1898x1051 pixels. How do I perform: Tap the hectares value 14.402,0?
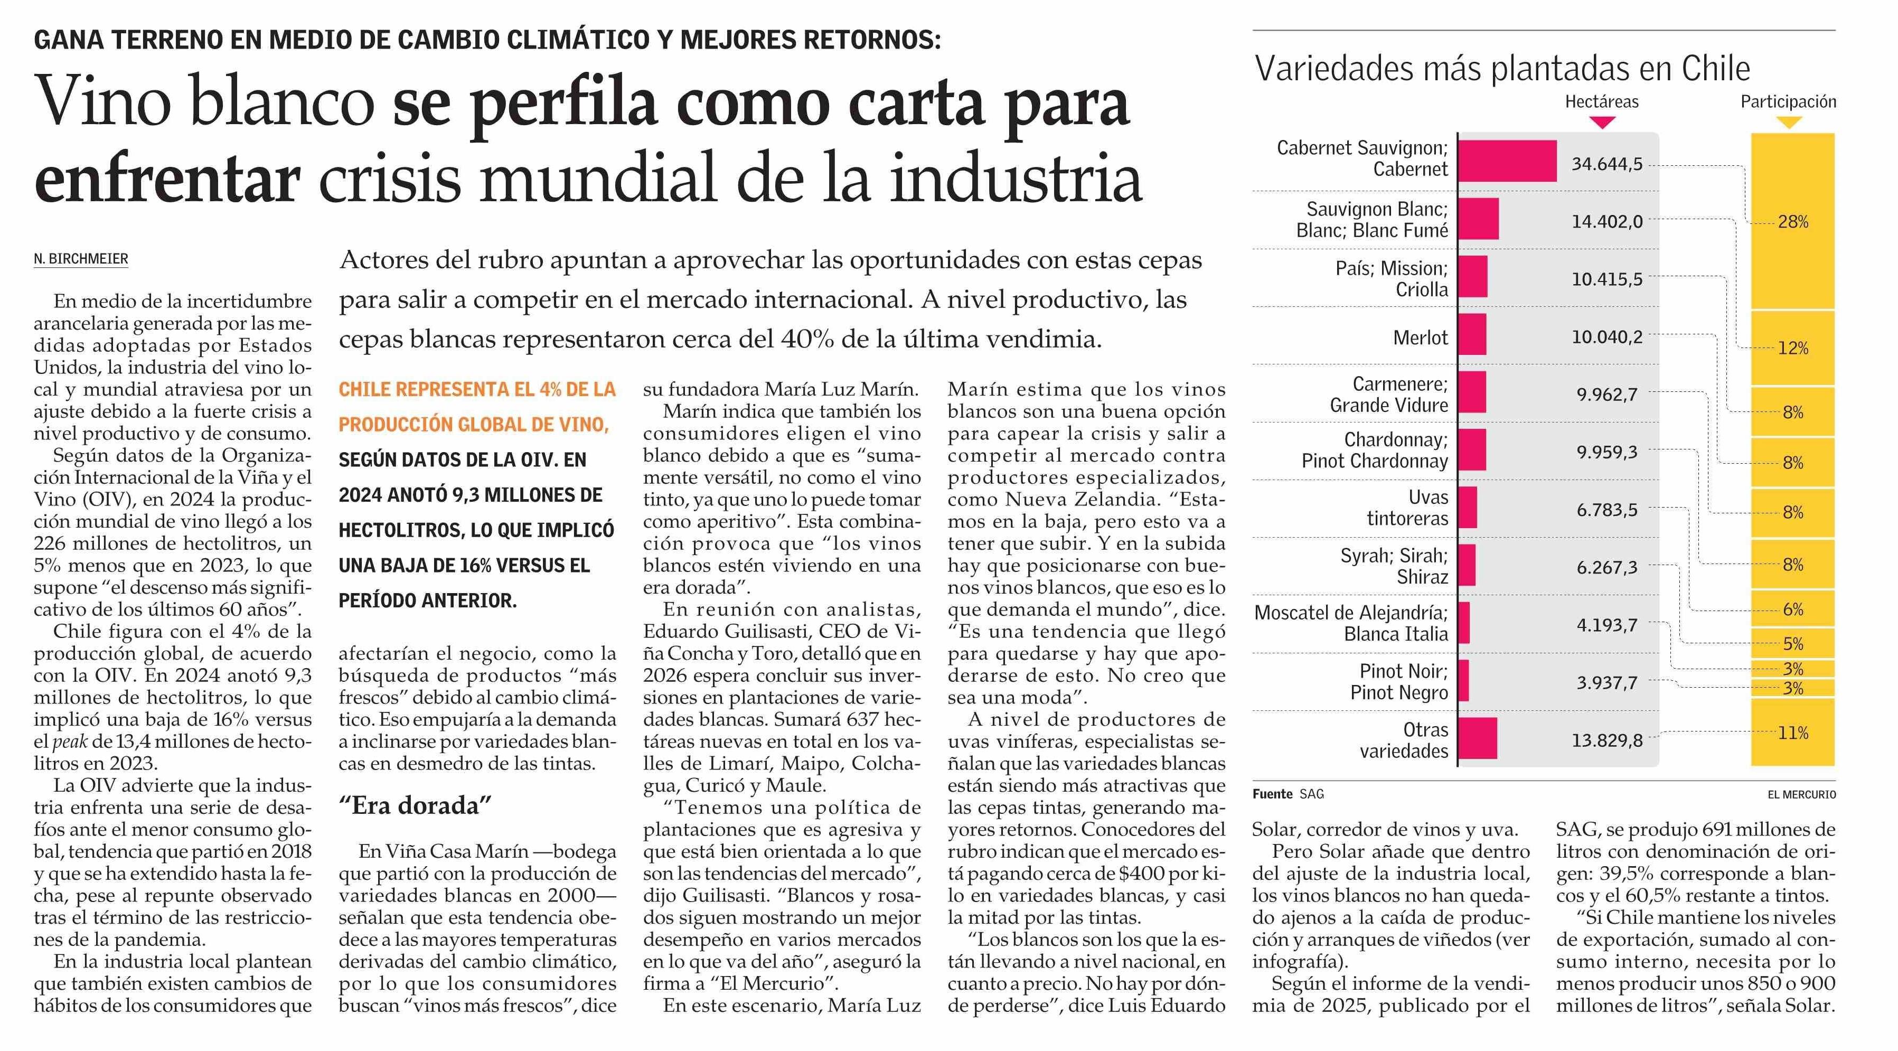pyautogui.click(x=1607, y=221)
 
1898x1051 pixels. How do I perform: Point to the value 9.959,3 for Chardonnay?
pyautogui.click(x=1607, y=452)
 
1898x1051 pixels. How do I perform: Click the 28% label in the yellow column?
pyautogui.click(x=1792, y=222)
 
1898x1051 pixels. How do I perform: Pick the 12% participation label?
pyautogui.click(x=1792, y=348)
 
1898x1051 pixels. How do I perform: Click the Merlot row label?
pyautogui.click(x=1421, y=337)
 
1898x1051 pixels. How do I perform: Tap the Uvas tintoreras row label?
pyautogui.click(x=1407, y=508)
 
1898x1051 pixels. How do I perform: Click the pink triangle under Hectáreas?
pyautogui.click(x=1603, y=123)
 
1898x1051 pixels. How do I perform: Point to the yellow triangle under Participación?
pyautogui.click(x=1789, y=123)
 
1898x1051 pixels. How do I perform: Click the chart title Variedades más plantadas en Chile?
pyautogui.click(x=1502, y=69)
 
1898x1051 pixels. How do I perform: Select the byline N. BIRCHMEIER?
pyautogui.click(x=81, y=259)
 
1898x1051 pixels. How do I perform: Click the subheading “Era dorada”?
pyautogui.click(x=415, y=805)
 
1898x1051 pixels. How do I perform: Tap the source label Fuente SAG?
pyautogui.click(x=1288, y=794)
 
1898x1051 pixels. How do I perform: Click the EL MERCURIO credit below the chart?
pyautogui.click(x=1801, y=794)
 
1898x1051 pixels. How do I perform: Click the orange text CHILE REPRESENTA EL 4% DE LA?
pyautogui.click(x=477, y=389)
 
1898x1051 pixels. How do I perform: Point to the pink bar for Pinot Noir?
pyautogui.click(x=1463, y=680)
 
